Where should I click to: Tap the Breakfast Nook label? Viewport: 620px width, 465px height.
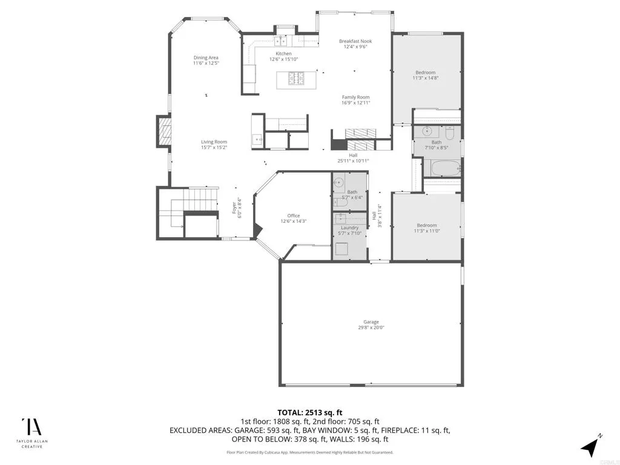355,41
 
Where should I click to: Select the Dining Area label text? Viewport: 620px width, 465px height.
206,58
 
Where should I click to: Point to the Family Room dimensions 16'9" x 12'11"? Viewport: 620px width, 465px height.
355,103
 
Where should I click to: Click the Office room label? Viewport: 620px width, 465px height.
294,216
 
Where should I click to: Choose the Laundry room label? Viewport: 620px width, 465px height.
349,228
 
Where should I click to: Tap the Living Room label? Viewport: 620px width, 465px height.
214,142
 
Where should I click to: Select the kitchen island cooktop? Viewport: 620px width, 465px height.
295,79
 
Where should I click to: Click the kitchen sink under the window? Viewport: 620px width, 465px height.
282,41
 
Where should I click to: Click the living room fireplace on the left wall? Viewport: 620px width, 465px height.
164,131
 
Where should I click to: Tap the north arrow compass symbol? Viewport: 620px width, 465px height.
590,446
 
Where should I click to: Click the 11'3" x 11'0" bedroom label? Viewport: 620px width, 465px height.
426,228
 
